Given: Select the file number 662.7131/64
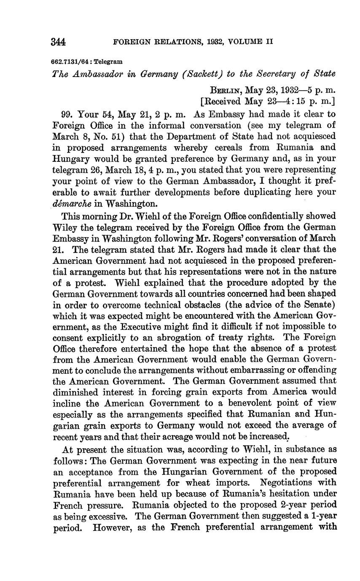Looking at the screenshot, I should point(70,62).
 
